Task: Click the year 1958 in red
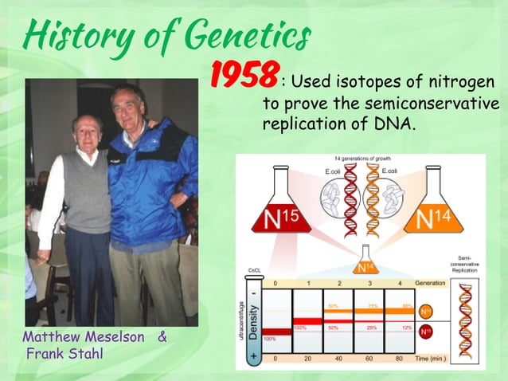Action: [x=244, y=75]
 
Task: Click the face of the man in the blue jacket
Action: [x=128, y=103]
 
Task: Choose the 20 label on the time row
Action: [x=307, y=359]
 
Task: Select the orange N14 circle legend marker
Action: [x=426, y=310]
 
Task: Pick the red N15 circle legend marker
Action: [x=426, y=329]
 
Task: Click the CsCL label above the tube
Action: [x=256, y=270]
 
